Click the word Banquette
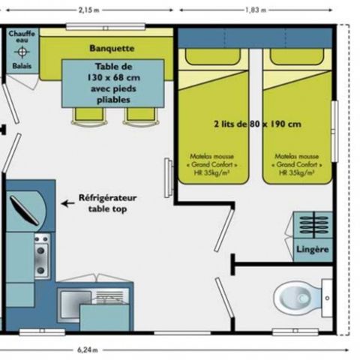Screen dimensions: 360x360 (111, 49)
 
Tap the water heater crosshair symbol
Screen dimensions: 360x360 (22, 52)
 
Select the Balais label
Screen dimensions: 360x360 (22, 66)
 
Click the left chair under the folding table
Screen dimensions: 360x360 (82, 114)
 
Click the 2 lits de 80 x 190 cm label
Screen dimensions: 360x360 (257, 124)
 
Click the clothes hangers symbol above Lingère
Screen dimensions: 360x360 (311, 226)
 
